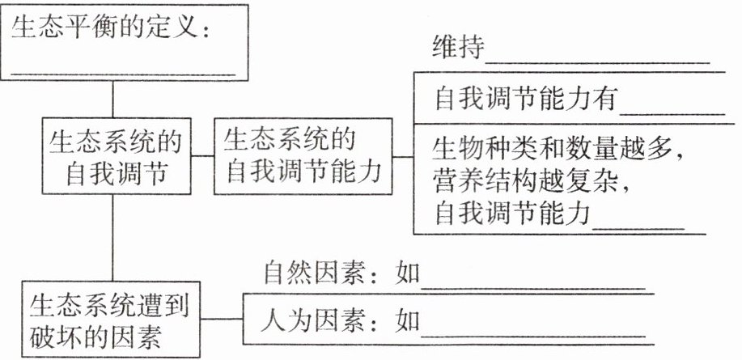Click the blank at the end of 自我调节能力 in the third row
(638, 226)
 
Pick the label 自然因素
(307, 273)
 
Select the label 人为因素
(307, 321)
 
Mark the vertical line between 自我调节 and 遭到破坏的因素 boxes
(113, 235)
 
